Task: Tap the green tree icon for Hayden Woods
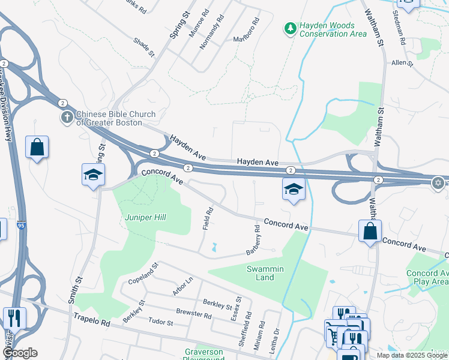(x=291, y=28)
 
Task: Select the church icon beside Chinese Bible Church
(x=66, y=118)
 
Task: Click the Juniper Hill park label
(x=145, y=217)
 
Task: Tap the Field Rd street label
(x=208, y=219)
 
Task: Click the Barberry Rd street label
(x=253, y=240)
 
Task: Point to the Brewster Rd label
(x=194, y=313)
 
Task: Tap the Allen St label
(x=402, y=62)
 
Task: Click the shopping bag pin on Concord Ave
(x=370, y=231)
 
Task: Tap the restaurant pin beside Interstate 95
(x=14, y=317)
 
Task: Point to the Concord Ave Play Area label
(x=427, y=277)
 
